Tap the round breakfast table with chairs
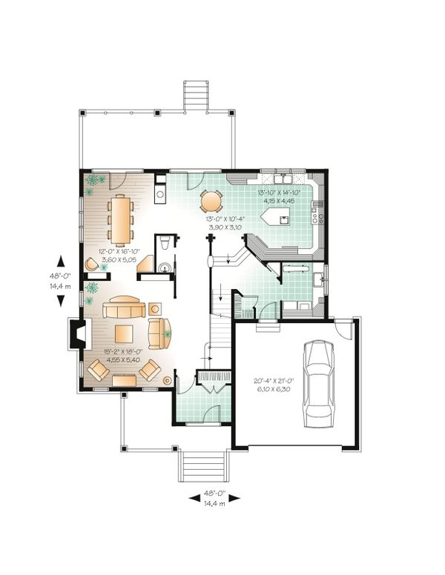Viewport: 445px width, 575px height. tap(211, 201)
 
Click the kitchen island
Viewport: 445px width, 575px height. tap(275, 217)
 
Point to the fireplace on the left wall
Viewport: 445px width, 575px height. tap(75, 333)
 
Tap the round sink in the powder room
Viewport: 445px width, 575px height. tap(165, 268)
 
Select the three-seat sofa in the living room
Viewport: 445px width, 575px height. tap(124, 307)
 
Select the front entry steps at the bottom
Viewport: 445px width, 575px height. tap(201, 467)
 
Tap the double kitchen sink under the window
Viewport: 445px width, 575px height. tap(285, 181)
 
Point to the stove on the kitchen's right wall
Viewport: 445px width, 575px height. tap(316, 215)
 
